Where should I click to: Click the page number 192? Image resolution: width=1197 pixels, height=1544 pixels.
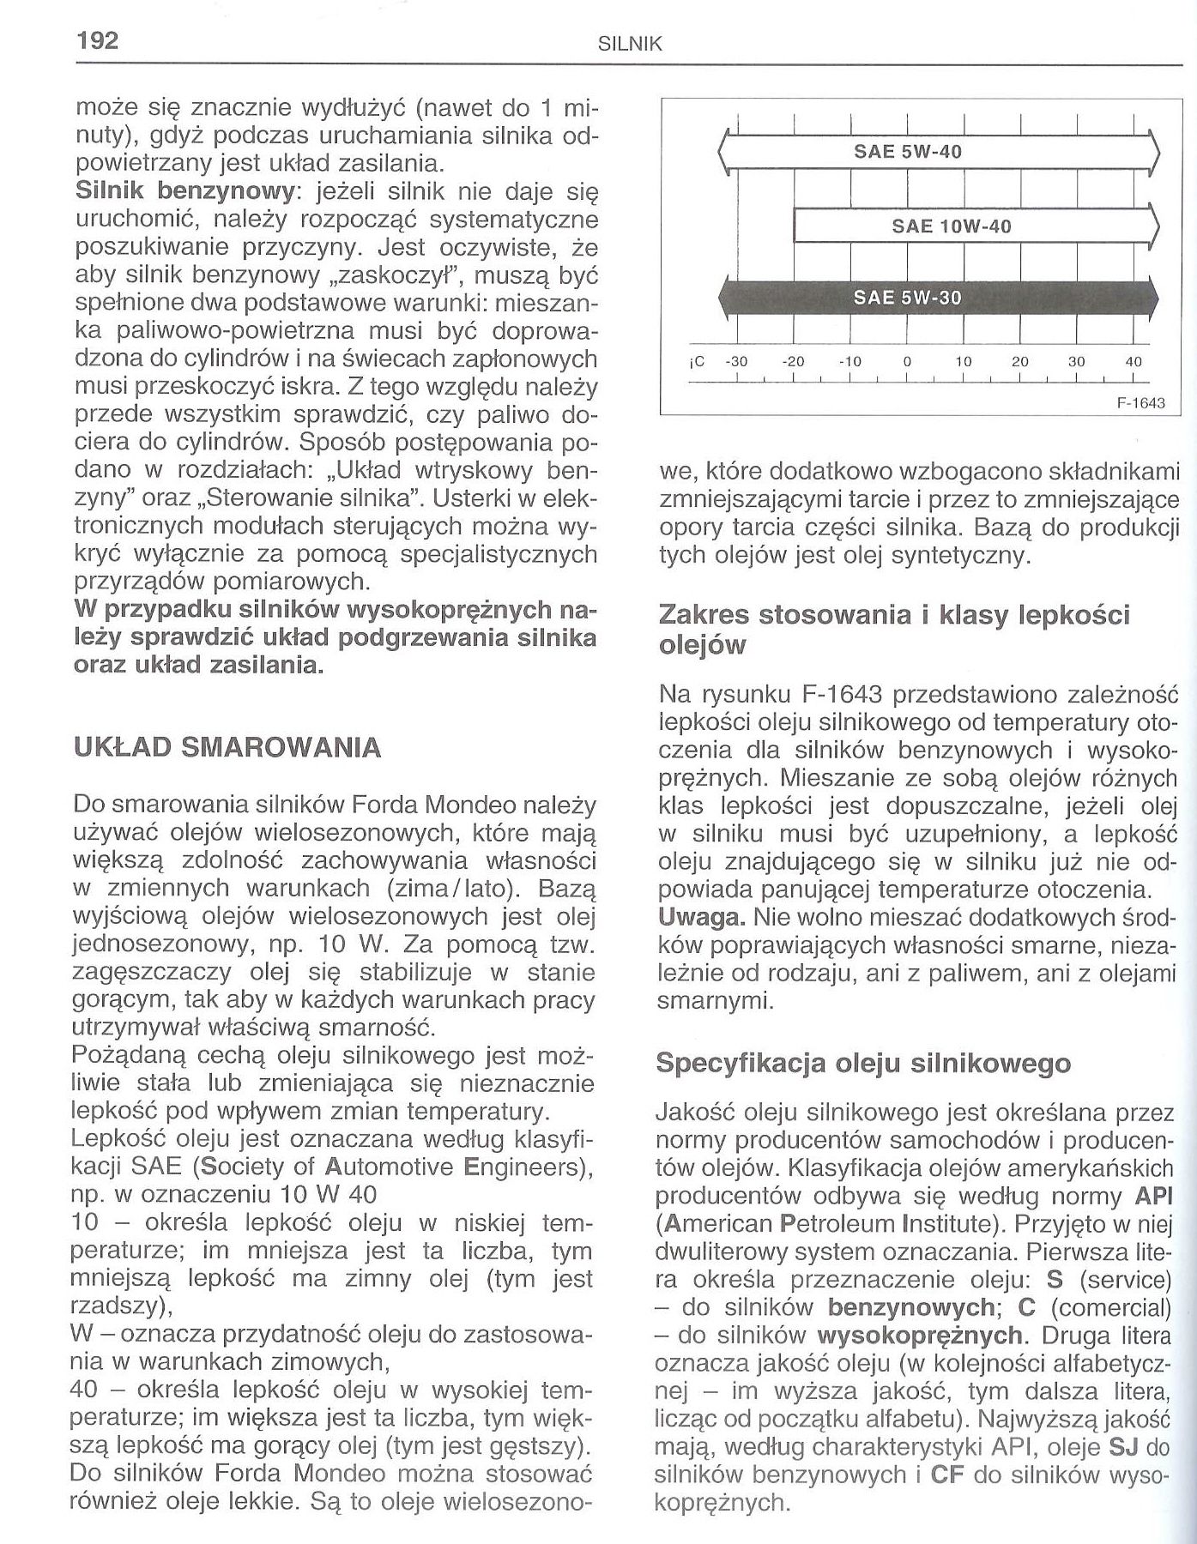pos(97,41)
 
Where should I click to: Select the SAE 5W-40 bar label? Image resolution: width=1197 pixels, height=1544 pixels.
pos(908,153)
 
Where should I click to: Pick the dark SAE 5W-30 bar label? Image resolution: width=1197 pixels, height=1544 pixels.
pos(908,299)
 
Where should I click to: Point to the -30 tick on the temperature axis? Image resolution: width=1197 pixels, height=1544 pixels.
pos(737,362)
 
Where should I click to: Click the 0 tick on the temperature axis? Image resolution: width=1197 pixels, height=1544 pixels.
pos(906,362)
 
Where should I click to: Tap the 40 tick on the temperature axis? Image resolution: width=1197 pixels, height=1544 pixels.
pos(1134,362)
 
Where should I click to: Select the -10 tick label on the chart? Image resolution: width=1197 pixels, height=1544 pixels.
pos(849,362)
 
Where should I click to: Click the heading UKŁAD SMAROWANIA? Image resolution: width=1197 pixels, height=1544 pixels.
pos(227,747)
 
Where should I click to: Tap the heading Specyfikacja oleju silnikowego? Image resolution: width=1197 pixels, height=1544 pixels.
pos(863,1064)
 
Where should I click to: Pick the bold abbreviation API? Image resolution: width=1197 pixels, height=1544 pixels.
pos(1152,1196)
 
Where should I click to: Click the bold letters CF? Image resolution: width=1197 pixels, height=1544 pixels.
pos(946,1475)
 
